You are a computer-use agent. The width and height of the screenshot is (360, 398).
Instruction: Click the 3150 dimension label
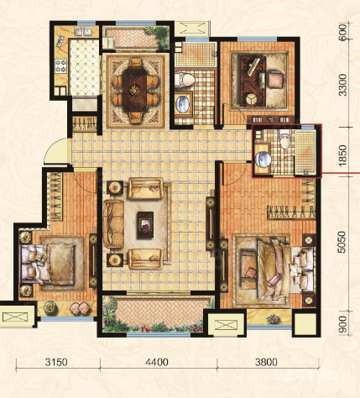pyautogui.click(x=56, y=362)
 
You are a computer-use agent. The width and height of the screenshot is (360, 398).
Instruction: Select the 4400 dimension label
pyautogui.click(x=157, y=362)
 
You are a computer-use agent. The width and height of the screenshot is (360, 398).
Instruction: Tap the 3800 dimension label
pyautogui.click(x=266, y=362)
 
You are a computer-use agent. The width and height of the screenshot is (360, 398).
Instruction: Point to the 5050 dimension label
pyautogui.click(x=342, y=242)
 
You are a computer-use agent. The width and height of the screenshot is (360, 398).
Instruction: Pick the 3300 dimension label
pyautogui.click(x=342, y=85)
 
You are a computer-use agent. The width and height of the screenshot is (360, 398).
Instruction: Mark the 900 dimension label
pyautogui.click(x=342, y=324)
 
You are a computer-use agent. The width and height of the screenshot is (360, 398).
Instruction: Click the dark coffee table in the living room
pyautogui.click(x=145, y=225)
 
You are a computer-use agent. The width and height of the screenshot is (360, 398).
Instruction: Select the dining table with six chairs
pyautogui.click(x=136, y=90)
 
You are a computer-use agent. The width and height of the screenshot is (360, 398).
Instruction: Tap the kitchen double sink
pyautogui.click(x=83, y=32)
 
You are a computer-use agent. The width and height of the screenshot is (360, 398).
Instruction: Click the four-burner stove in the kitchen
pyautogui.click(x=60, y=66)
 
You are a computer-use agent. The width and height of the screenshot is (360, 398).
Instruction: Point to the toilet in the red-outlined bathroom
pyautogui.click(x=285, y=139)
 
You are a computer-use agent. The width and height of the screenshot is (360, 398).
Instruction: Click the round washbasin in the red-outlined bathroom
pyautogui.click(x=263, y=160)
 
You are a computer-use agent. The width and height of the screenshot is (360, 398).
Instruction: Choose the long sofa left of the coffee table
pyautogui.click(x=113, y=223)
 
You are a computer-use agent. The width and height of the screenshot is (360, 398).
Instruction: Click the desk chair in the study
pyautogui.click(x=276, y=80)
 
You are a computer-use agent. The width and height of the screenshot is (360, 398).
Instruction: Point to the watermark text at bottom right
pyautogui.click(x=305, y=375)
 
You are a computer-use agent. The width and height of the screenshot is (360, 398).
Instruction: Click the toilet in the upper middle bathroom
pyautogui.click(x=185, y=79)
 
